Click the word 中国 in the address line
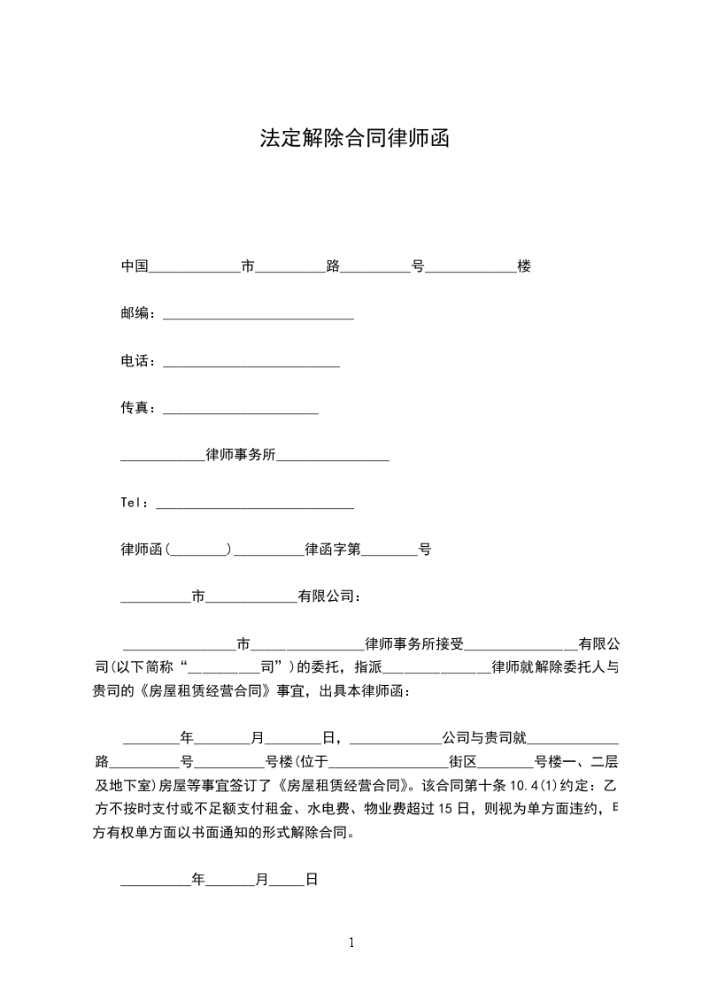pyautogui.click(x=135, y=266)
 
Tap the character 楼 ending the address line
pyautogui.click(x=524, y=266)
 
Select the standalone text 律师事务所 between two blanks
pyautogui.click(x=241, y=455)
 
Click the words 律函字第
pyautogui.click(x=333, y=550)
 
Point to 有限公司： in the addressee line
pyautogui.click(x=329, y=597)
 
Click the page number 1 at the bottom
pyautogui.click(x=351, y=942)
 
